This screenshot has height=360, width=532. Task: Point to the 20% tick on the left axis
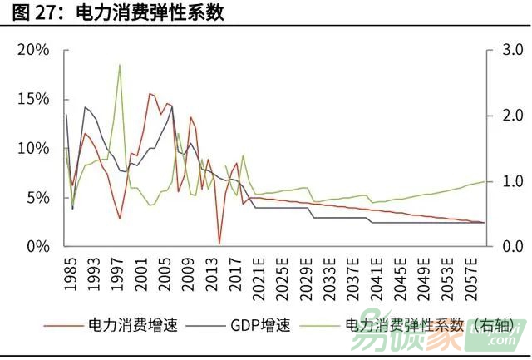(x=33, y=50)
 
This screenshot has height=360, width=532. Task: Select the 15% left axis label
(x=33, y=99)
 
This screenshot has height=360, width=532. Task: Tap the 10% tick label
(x=33, y=148)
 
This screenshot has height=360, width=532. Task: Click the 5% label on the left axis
(x=37, y=198)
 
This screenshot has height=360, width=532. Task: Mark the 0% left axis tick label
(x=37, y=247)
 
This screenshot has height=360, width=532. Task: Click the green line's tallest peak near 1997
(x=120, y=65)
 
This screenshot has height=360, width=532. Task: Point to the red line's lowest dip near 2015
(x=219, y=244)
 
